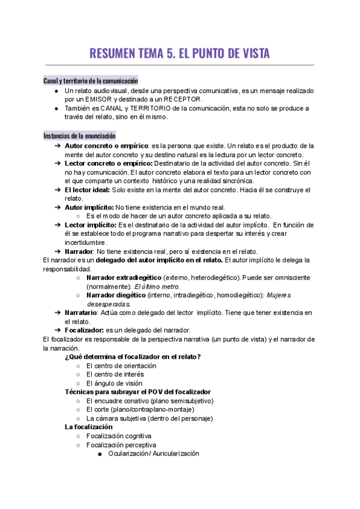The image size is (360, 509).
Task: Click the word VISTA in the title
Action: click(x=249, y=53)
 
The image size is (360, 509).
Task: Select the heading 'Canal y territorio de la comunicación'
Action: click(x=91, y=80)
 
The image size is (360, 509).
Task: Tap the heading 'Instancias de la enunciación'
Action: click(x=80, y=136)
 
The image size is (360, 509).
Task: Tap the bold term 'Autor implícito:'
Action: click(x=93, y=207)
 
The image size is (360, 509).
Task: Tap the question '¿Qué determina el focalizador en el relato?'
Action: click(x=133, y=357)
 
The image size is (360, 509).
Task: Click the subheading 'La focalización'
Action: click(x=89, y=427)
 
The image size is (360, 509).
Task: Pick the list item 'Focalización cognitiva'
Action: click(x=119, y=436)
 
